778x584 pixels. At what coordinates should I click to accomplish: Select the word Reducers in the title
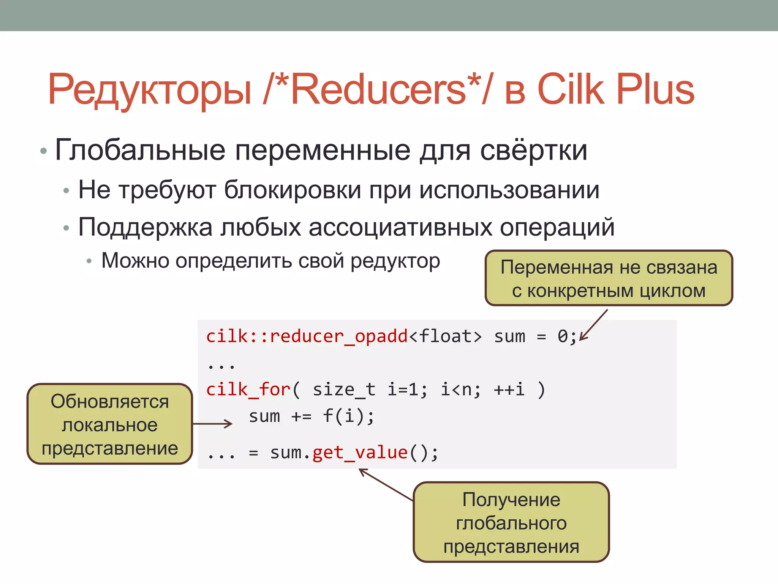378,89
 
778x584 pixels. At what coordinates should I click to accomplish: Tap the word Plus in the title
655,89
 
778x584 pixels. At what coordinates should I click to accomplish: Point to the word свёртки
534,150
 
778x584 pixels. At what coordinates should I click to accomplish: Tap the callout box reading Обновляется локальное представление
110,424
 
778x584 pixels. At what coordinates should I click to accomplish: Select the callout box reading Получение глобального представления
511,522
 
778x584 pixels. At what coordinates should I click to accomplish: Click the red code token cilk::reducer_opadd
307,336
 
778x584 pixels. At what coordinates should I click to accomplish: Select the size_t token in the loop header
344,390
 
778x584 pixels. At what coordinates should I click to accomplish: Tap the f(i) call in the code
348,416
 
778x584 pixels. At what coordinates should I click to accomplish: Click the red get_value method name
360,453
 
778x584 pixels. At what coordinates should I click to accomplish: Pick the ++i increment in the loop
509,390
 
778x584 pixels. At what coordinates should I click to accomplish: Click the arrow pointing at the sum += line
213,424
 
